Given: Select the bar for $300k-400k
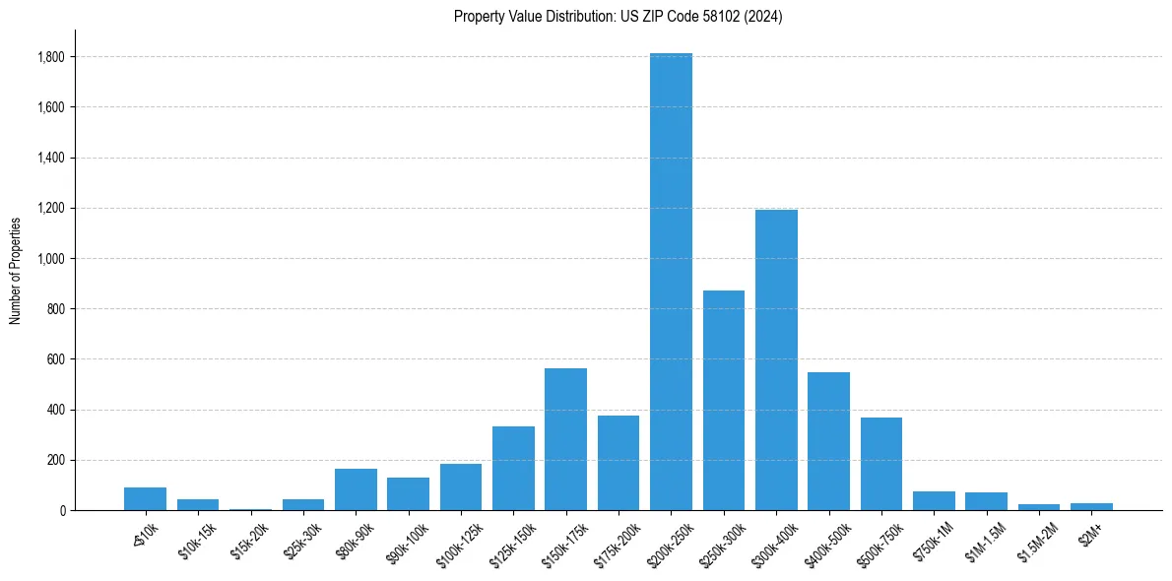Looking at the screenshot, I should click(x=776, y=359).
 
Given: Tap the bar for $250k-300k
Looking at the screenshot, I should click(x=724, y=400).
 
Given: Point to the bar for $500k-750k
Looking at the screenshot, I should click(x=881, y=464).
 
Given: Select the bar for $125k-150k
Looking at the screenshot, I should click(x=513, y=468).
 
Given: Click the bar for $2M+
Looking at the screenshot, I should click(x=1091, y=506).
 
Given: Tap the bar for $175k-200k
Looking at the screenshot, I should click(x=619, y=463).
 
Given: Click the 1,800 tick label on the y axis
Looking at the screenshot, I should click(x=51, y=57).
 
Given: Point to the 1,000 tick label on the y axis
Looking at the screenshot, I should click(x=51, y=259).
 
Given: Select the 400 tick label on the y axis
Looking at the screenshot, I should click(x=56, y=410).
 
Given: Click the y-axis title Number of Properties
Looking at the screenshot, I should click(x=15, y=270).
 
